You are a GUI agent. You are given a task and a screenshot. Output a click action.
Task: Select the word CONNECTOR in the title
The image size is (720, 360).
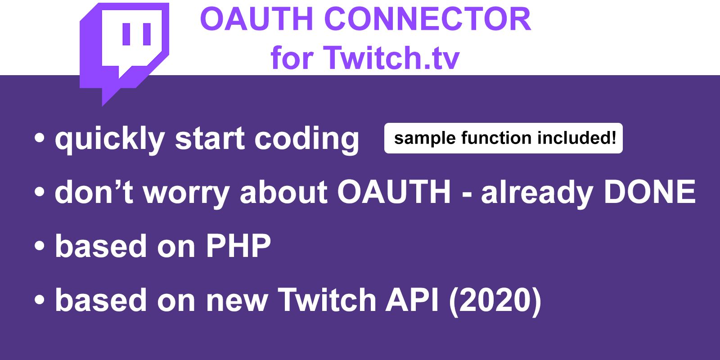(x=427, y=19)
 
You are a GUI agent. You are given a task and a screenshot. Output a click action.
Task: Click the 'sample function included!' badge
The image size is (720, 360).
(x=504, y=138)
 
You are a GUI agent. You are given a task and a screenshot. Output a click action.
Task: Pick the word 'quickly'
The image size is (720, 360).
(x=110, y=139)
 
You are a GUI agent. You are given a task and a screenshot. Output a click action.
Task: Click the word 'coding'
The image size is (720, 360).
(x=306, y=139)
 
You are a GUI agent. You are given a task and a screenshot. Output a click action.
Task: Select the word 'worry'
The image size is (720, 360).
(x=186, y=193)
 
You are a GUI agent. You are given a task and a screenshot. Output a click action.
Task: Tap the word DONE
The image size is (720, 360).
(x=650, y=192)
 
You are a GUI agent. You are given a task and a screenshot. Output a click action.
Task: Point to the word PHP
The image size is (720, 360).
(x=238, y=246)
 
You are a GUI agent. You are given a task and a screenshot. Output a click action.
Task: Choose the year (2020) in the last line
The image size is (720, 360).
(x=495, y=301)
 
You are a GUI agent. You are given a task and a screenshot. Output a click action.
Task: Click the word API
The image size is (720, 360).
(x=412, y=300)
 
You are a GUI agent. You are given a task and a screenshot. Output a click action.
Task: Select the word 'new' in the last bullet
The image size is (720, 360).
(x=237, y=304)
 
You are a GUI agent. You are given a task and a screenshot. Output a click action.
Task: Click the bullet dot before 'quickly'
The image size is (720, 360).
(x=40, y=138)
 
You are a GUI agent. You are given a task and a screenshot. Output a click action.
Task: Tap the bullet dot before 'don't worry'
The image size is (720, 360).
(x=40, y=192)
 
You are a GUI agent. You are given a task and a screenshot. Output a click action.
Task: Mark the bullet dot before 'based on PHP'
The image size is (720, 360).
(x=40, y=246)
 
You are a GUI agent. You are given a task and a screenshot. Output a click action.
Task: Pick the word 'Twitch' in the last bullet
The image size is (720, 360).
(x=327, y=300)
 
